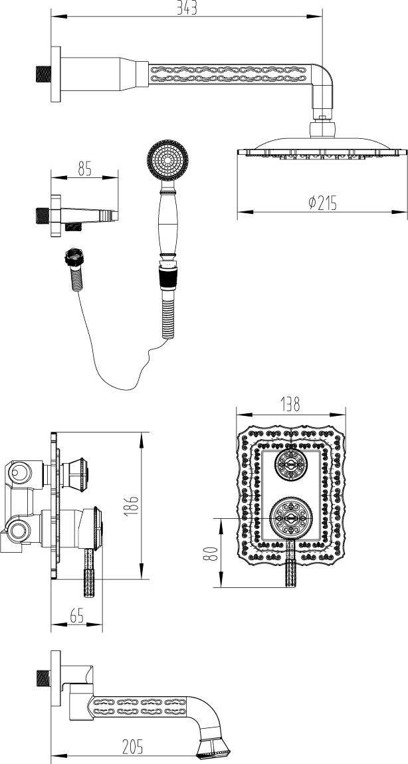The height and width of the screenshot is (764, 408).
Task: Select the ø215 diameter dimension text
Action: tap(322, 203)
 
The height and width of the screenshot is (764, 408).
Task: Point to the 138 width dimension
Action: tap(290, 403)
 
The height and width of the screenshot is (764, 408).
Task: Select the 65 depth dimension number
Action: tap(76, 616)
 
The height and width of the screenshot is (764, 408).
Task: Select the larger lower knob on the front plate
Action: tap(290, 517)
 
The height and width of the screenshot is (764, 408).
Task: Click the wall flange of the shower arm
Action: tap(56, 73)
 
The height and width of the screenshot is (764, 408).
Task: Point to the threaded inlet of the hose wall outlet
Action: tap(42, 216)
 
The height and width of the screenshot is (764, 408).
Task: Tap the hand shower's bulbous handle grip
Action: tap(167, 223)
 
